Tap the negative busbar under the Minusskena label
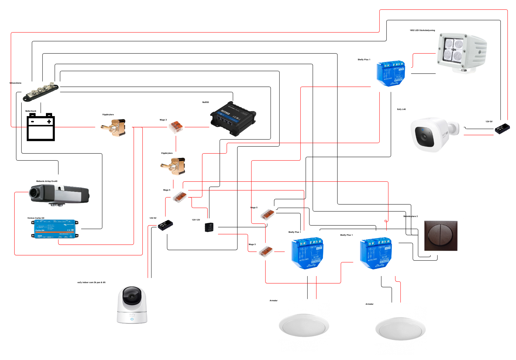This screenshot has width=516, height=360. [x=41, y=92]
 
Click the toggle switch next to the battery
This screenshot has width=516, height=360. [x=114, y=128]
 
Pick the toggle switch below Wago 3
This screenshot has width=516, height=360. [x=173, y=166]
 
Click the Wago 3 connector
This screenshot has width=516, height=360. [x=176, y=127]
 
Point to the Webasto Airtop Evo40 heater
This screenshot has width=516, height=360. [x=59, y=194]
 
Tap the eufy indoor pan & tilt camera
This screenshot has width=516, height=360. [x=132, y=305]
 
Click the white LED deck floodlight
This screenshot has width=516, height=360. [x=461, y=52]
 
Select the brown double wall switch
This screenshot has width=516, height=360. [x=441, y=236]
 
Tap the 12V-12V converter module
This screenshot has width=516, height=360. [x=209, y=227]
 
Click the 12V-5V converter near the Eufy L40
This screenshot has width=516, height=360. [x=502, y=128]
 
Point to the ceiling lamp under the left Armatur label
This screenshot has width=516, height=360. [x=304, y=325]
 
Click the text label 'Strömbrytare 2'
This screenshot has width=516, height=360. [x=410, y=216]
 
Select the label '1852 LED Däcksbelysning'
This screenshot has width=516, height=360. [x=422, y=30]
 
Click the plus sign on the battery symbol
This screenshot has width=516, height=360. [x=49, y=121]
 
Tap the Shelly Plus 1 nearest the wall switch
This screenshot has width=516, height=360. [x=376, y=253]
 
